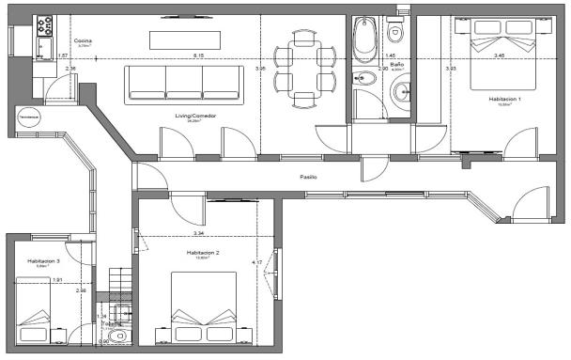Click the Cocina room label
pos(83,42)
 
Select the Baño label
pos(397,64)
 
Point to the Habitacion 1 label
pos(504,100)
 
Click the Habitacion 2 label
pos(203,253)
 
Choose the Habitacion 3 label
pos(43,260)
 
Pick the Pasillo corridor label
pos(308,177)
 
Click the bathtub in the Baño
pos(364,39)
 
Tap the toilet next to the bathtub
pos(395,33)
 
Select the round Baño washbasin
pos(402,91)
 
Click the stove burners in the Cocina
pos(43,40)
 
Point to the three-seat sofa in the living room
pos(184,82)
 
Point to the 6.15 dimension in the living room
pos(197,57)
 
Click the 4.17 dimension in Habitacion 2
pos(255,261)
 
